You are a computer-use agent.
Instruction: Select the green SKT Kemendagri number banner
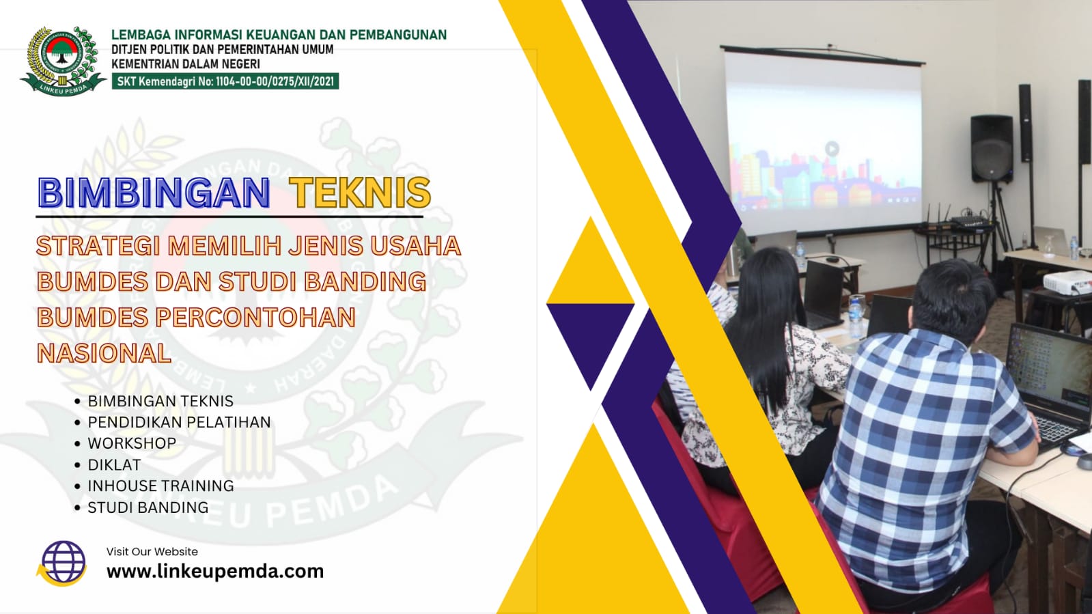coord(225,81)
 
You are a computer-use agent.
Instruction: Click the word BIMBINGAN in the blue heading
coord(154,193)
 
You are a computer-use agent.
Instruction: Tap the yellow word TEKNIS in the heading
coord(361,193)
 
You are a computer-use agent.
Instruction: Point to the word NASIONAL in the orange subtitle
coord(104,352)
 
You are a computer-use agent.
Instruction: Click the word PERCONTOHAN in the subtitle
coord(255,317)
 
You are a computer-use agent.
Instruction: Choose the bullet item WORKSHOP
coord(132,443)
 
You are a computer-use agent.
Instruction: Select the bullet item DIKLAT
coord(114,464)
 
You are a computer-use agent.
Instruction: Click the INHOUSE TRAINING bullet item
coord(161,486)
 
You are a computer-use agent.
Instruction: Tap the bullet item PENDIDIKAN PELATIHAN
coord(179,422)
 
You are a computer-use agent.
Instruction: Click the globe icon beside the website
coord(62,563)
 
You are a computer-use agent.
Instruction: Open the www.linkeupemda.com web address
coord(215,571)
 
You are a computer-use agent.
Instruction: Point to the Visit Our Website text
coord(152,552)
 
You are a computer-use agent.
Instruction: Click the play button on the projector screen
coord(832,148)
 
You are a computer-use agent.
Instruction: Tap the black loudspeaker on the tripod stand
coord(992,149)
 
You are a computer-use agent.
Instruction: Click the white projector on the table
coord(1067,282)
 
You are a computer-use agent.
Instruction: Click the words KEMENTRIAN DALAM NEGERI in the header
coord(186,64)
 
